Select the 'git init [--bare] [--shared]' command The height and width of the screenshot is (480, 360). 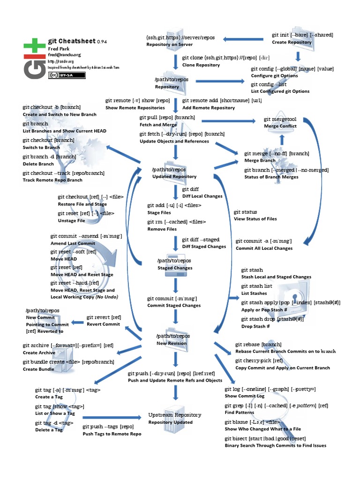[302, 35]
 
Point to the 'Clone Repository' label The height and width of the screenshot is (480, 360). [201, 65]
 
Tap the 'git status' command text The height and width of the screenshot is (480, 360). [246, 212]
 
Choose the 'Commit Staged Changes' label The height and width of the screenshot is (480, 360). [174, 306]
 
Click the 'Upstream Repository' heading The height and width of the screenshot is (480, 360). [175, 415]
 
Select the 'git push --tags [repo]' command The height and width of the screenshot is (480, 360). [108, 427]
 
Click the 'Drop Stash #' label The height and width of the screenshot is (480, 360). [255, 326]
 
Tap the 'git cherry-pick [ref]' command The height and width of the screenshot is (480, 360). [259, 360]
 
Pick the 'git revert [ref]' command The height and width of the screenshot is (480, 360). [104, 317]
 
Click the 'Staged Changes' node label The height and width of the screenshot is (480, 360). [175, 268]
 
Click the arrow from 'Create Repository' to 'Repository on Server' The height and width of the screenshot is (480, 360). [242, 39]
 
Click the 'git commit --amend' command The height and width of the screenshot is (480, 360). [86, 236]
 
